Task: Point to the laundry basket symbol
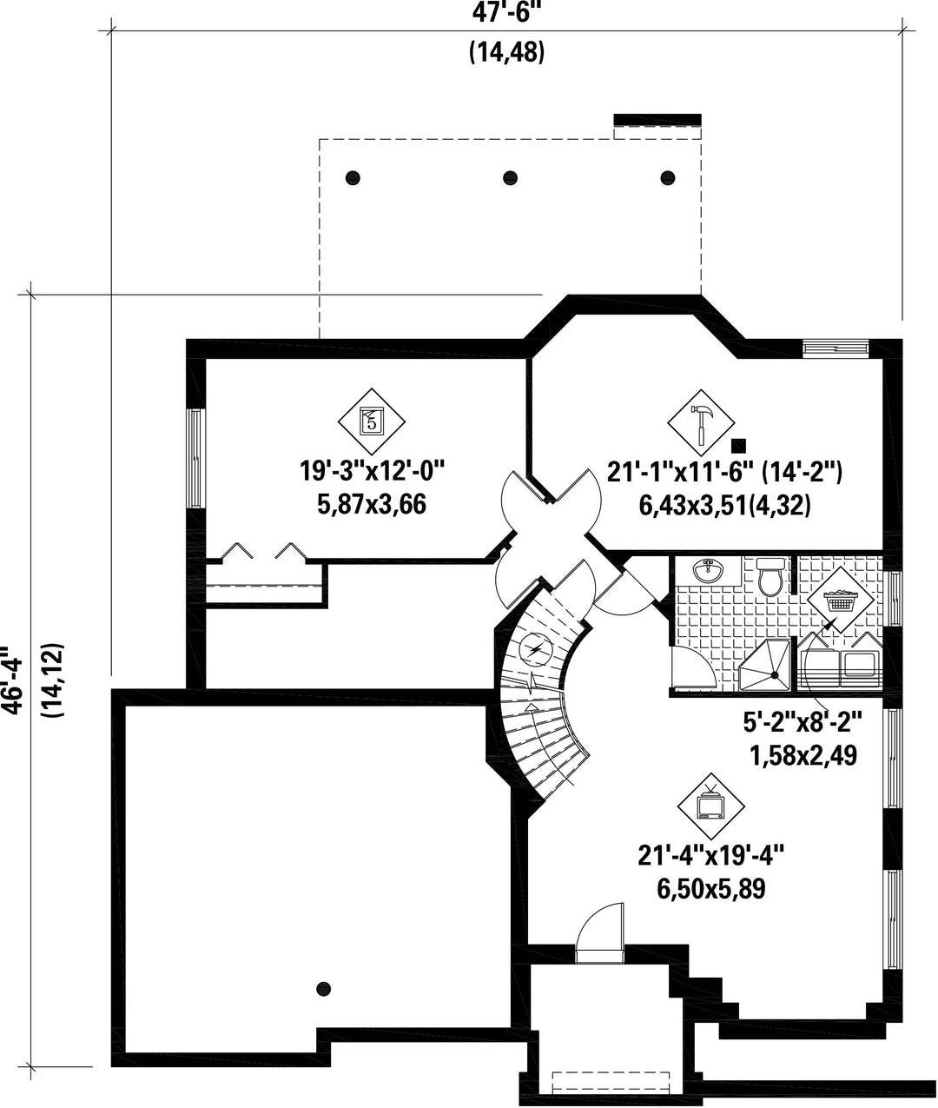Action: point(840,600)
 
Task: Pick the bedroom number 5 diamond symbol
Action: point(372,421)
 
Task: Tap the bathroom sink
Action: point(709,572)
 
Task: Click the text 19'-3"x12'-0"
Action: point(373,472)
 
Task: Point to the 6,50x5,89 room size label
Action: point(710,889)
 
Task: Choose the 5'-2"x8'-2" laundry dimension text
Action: point(803,723)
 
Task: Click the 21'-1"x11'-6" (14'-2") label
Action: point(725,474)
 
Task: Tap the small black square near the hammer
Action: point(739,444)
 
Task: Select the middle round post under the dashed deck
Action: point(511,177)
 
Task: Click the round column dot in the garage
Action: point(324,988)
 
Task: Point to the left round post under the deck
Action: point(353,177)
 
